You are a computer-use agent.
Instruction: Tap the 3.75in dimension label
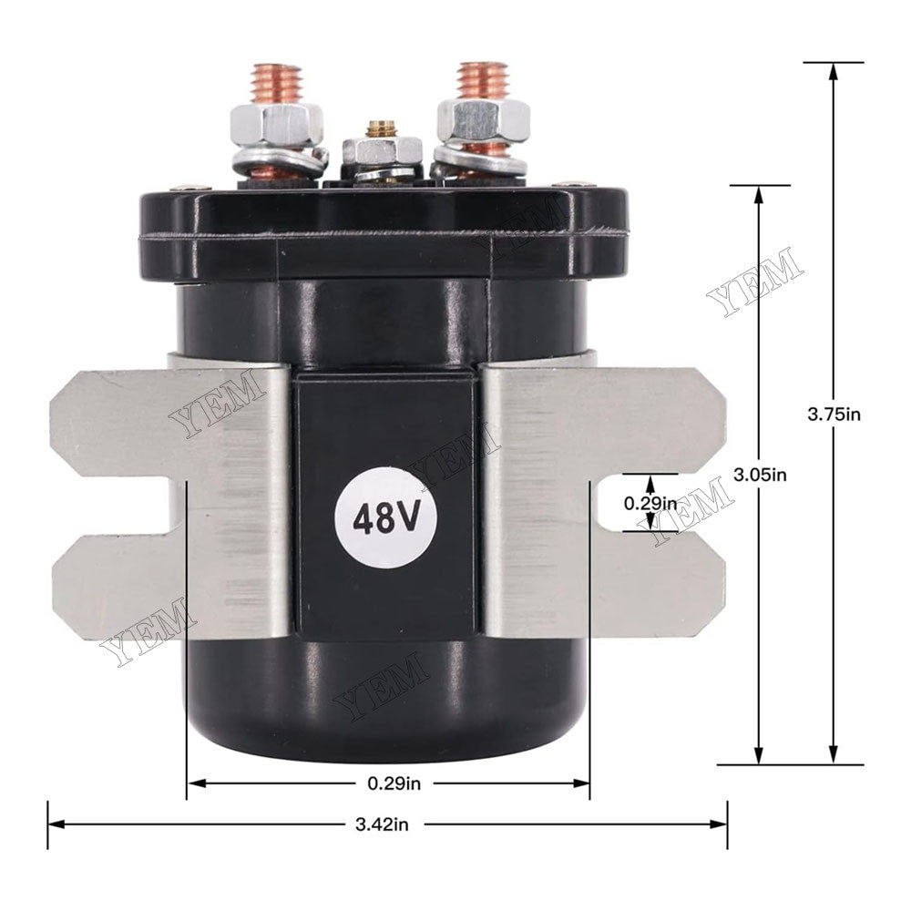[x=834, y=414]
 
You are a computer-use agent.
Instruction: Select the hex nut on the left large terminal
[x=276, y=123]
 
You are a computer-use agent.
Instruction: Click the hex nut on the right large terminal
[x=484, y=119]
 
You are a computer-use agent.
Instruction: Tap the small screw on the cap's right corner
[x=573, y=186]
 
